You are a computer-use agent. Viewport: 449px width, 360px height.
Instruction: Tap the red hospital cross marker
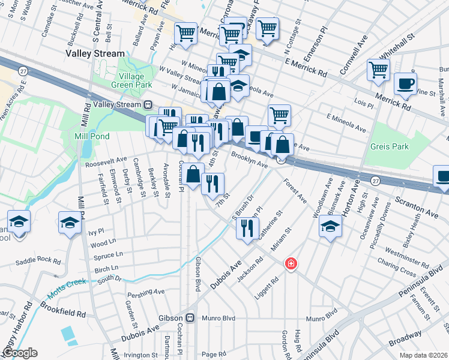tap(291, 263)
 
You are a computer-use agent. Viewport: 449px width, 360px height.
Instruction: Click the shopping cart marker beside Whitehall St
tap(378, 70)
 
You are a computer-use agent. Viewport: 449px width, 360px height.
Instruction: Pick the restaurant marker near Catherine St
tap(247, 227)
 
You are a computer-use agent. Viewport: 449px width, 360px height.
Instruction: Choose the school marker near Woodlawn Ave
tap(330, 227)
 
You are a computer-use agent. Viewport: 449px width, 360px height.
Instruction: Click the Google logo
tap(19, 353)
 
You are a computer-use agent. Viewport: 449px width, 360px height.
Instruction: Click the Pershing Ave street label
tap(146, 292)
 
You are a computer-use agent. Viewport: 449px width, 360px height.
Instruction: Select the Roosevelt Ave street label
tap(106, 160)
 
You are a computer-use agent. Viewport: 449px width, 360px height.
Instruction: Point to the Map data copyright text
tap(423, 355)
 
